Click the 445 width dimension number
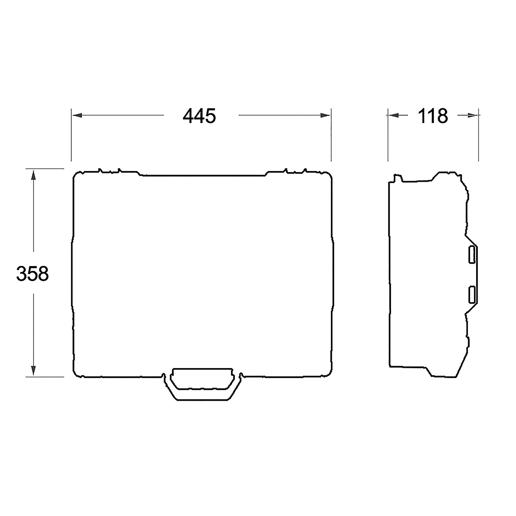pyautogui.click(x=199, y=116)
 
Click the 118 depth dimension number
pyautogui.click(x=433, y=116)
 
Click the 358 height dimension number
pyautogui.click(x=33, y=273)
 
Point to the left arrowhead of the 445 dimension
pyautogui.click(x=77, y=115)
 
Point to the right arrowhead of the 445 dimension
pyautogui.click(x=325, y=115)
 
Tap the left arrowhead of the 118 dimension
pyautogui.click(x=393, y=115)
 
